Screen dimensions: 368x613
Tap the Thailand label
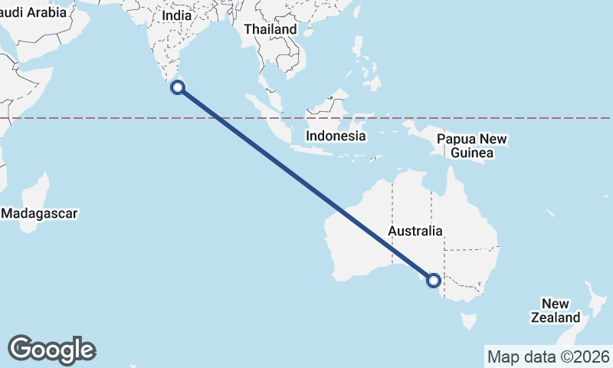[270, 29]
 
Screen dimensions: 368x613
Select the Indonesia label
[336, 136]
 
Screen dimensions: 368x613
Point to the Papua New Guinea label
[471, 146]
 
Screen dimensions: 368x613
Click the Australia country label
[415, 230]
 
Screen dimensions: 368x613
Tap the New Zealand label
[555, 310]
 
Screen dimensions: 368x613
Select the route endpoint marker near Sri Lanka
[177, 87]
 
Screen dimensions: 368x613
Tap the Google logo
[51, 350]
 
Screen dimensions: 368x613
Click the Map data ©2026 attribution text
[548, 356]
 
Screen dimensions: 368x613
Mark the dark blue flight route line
[306, 185]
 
